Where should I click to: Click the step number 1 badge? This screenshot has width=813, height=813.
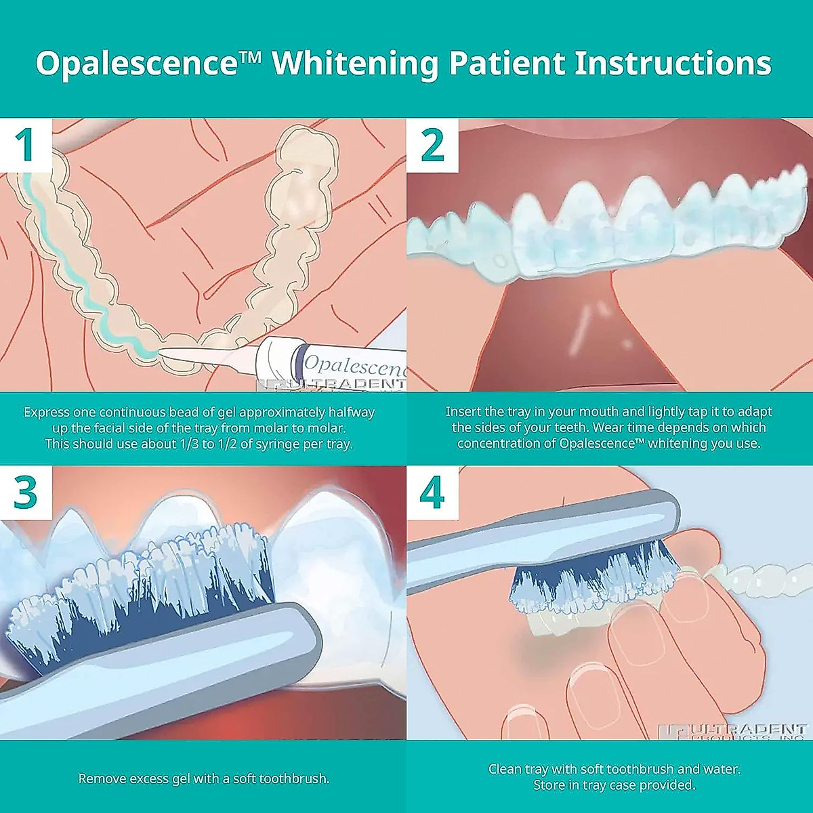coord(26,145)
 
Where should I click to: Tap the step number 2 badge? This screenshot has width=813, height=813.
coord(432,145)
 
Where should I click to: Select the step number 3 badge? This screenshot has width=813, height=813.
coord(26,493)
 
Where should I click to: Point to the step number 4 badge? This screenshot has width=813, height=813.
coord(432,493)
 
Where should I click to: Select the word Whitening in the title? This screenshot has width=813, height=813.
coord(355,64)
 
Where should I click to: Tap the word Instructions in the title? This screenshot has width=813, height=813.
coord(673,64)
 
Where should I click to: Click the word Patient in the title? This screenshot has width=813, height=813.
coord(506,64)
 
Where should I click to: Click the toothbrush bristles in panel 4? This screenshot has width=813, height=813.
coord(589,576)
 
